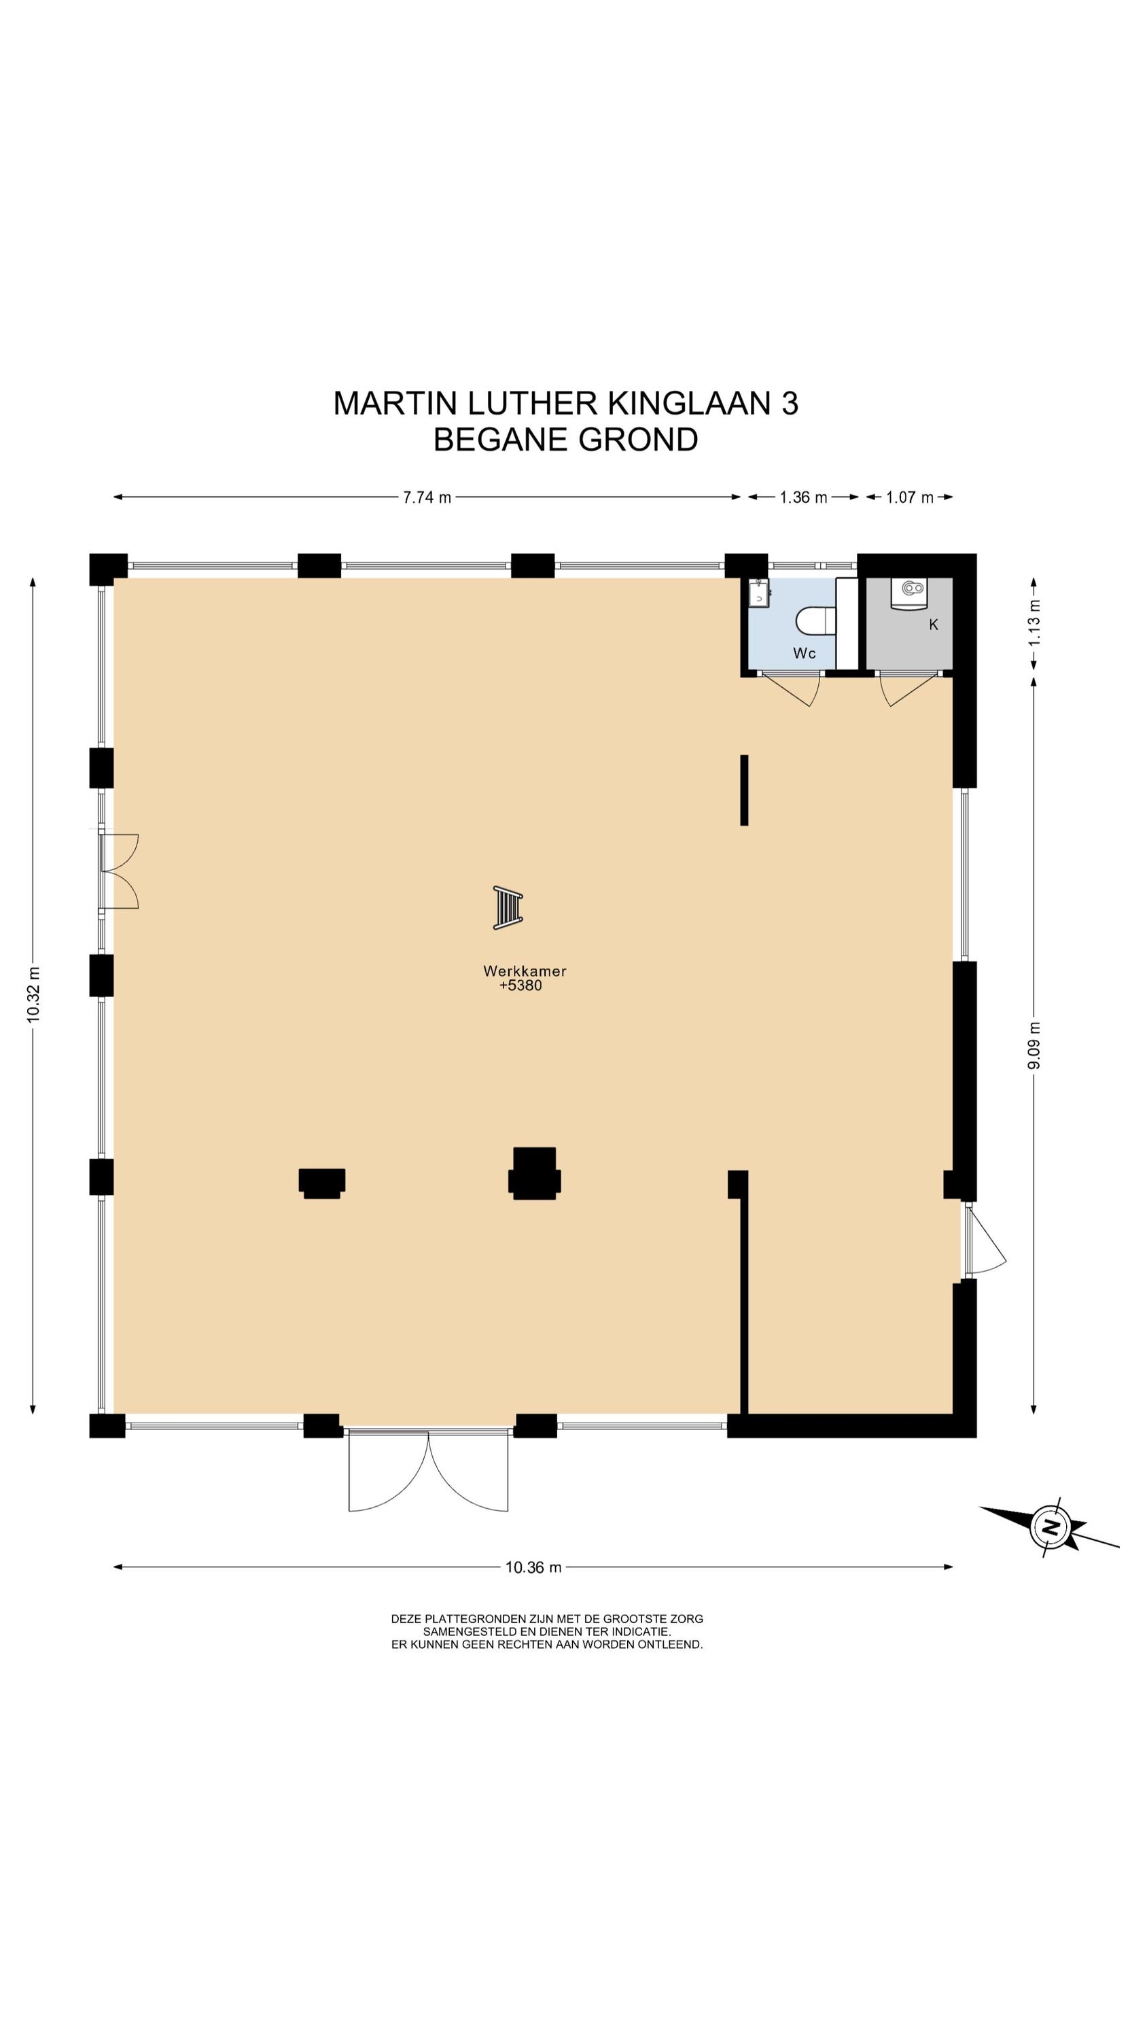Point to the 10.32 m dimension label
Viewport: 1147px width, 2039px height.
pos(33,994)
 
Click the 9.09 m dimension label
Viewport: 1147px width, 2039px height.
pos(1034,1045)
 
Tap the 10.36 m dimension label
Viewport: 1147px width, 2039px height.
pos(533,1567)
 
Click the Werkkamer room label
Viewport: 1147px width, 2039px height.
pos(525,971)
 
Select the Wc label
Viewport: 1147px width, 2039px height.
pos(805,653)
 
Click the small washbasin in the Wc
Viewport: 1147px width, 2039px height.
pos(758,591)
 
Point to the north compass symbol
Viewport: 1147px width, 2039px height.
pos(1050,1528)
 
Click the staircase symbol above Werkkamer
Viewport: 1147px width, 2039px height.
pos(508,908)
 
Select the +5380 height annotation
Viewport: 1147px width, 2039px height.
pos(521,986)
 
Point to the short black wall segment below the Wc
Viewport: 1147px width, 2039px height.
pos(744,790)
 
